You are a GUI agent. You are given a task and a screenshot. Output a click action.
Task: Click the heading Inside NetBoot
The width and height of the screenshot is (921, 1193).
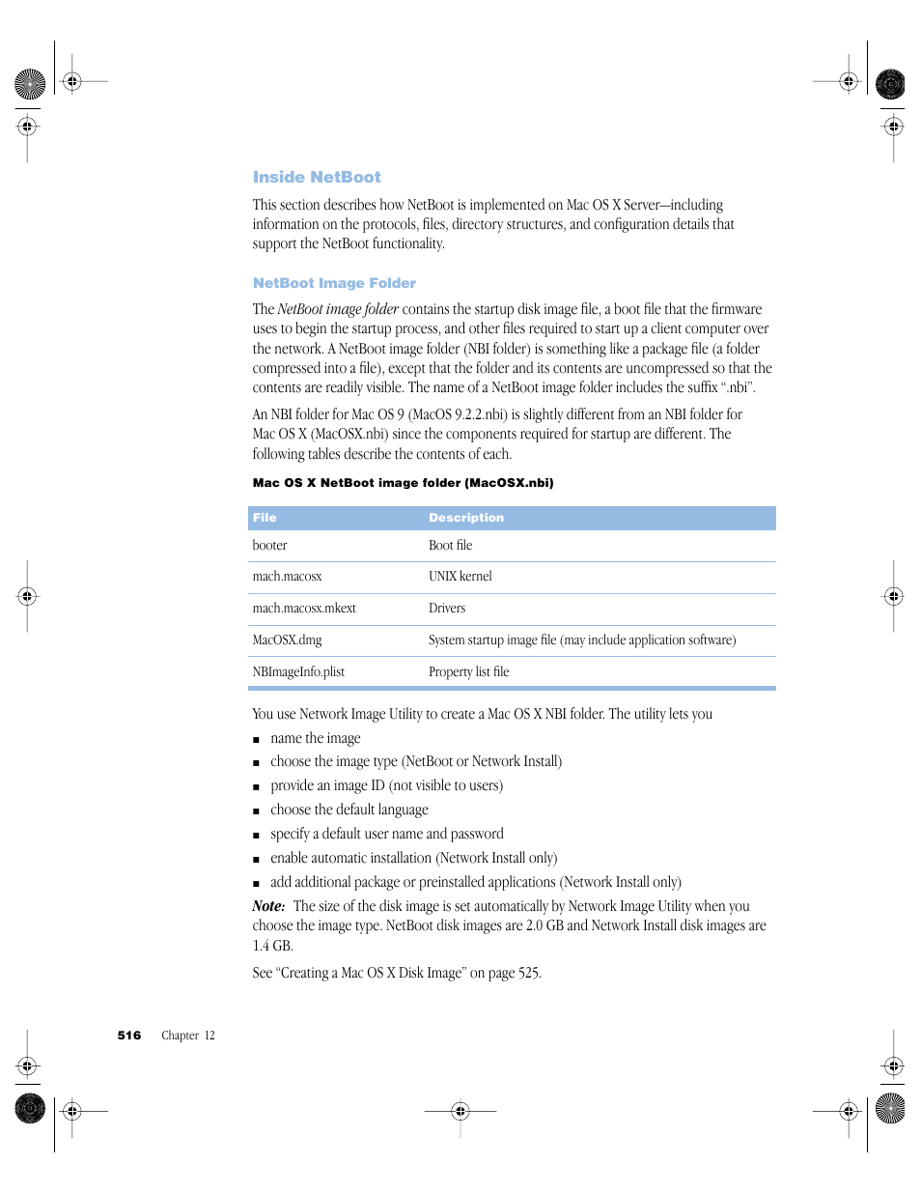317,177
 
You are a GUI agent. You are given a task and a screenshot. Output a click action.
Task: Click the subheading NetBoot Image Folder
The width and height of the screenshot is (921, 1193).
334,283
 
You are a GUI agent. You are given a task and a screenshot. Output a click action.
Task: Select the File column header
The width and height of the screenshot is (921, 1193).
265,518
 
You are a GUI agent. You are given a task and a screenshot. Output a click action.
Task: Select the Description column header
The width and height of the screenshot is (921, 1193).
466,518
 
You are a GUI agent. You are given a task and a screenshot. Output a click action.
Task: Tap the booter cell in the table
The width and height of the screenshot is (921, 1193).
269,546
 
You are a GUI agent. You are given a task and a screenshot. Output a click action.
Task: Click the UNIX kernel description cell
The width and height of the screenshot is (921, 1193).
460,577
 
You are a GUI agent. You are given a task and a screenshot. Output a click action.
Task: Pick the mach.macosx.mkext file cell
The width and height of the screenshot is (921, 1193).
304,609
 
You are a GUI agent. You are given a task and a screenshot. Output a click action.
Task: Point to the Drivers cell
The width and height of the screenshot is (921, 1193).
447,609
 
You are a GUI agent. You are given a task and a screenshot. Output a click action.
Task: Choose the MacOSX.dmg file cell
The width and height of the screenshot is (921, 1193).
287,640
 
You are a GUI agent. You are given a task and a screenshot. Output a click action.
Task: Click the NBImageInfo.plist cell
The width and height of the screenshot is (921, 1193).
298,672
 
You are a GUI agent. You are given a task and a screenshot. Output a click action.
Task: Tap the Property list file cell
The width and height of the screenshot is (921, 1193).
468,672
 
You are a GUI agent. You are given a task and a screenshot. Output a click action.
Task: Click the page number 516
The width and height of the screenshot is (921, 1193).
129,1036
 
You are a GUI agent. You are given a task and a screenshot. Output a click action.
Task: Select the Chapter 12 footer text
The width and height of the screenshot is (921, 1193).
188,1036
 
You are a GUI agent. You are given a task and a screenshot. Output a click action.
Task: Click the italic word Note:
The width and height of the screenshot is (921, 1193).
268,906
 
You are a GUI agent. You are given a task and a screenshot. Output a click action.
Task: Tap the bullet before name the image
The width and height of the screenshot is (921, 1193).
257,740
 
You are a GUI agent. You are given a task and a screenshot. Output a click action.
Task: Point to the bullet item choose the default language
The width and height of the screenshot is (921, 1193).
349,810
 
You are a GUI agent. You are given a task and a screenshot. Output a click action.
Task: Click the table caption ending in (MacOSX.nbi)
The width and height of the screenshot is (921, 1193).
403,483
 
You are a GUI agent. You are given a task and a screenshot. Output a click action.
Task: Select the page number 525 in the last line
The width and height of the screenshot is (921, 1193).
528,973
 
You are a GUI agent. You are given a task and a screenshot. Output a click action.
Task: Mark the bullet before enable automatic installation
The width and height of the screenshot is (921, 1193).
257,860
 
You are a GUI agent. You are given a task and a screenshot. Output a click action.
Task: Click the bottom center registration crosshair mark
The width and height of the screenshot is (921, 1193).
460,1111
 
